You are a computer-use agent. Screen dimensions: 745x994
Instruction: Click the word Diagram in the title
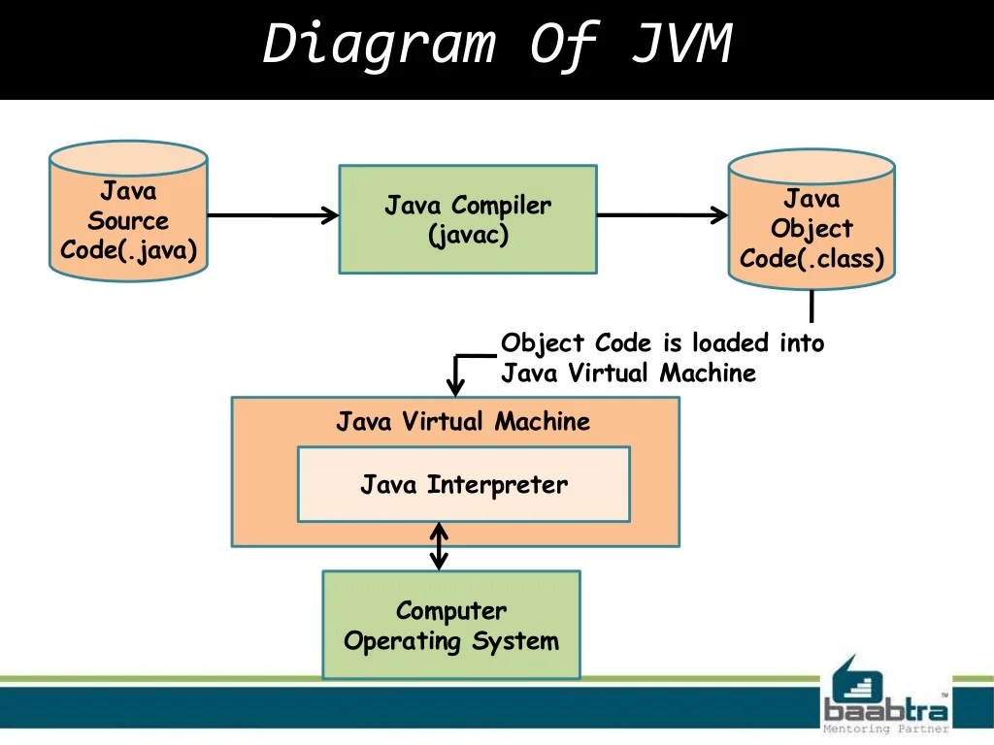[379, 45]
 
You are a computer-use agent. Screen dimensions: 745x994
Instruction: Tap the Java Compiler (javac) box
[467, 219]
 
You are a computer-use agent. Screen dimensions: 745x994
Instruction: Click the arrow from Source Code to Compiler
[272, 215]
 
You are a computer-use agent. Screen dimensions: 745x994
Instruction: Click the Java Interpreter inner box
[463, 484]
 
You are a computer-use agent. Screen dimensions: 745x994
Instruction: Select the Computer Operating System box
[451, 625]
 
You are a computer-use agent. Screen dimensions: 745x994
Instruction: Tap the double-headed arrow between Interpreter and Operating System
[440, 546]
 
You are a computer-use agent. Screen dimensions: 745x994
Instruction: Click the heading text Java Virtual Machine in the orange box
[463, 422]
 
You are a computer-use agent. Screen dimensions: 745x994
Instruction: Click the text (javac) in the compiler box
[468, 236]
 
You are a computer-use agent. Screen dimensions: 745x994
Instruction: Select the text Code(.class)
[812, 260]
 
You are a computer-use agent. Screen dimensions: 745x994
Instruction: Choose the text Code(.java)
[128, 250]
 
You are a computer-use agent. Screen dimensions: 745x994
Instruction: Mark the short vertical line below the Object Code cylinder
[812, 307]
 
